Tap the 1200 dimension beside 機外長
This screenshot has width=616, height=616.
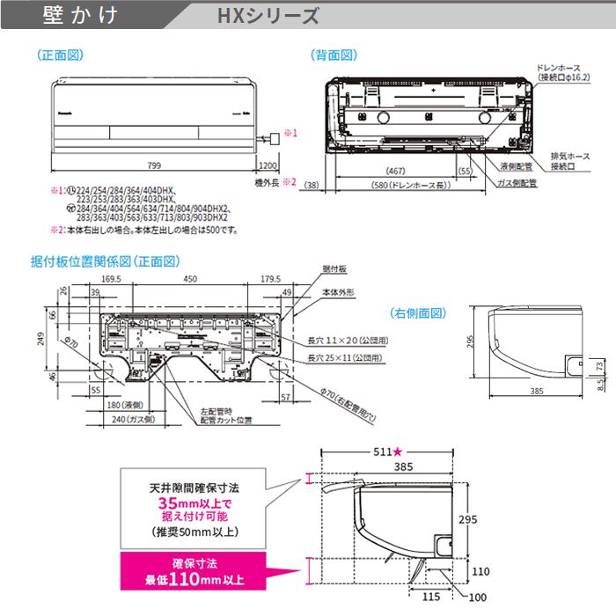click(x=268, y=165)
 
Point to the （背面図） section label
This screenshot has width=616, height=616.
click(x=335, y=55)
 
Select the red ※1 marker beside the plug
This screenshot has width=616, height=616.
click(x=296, y=133)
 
